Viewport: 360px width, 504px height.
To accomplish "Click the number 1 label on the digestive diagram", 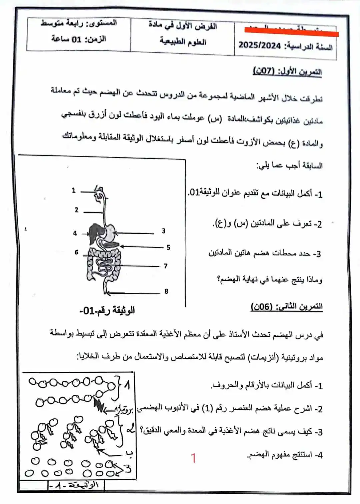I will click(74, 191).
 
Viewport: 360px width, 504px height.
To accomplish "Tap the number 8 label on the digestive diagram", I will click(166, 292).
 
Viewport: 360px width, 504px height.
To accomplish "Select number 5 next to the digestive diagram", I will click(168, 247).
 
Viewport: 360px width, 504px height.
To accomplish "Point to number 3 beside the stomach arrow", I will click(164, 231).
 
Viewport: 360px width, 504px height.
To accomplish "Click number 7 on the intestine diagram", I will click(165, 266).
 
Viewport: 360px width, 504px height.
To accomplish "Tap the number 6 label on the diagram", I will click(76, 252).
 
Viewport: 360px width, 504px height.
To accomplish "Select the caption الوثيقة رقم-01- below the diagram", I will click(107, 311).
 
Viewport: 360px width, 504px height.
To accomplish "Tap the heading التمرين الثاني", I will click(286, 307).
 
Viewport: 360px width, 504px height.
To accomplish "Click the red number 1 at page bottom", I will click(193, 458).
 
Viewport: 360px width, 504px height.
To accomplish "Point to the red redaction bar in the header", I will click(291, 32).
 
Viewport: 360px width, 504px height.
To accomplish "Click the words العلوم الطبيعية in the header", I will click(183, 42).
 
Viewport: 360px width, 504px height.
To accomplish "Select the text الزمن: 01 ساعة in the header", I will click(79, 39).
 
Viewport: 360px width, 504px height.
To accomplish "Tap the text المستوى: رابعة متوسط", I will click(79, 23).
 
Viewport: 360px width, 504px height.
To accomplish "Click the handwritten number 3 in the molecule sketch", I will click(128, 468).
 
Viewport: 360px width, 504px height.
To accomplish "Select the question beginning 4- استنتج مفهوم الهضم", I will click(285, 455).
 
